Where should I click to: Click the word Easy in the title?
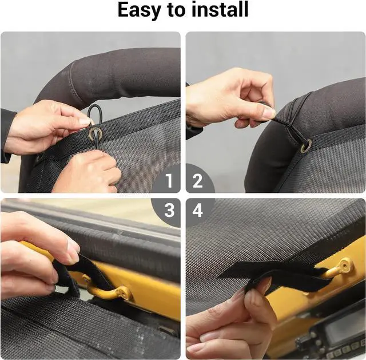coord(139,10)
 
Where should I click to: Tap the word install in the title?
coord(220,9)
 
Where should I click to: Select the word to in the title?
coord(176,10)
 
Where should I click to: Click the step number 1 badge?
coord(169,180)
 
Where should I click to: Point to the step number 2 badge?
coord(197,180)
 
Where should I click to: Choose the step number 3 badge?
coord(169,210)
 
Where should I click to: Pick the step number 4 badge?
coord(198,210)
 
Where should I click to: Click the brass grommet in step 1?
coord(95,134)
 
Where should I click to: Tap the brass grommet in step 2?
coord(306,145)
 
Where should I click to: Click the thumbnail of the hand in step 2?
coord(269,113)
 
